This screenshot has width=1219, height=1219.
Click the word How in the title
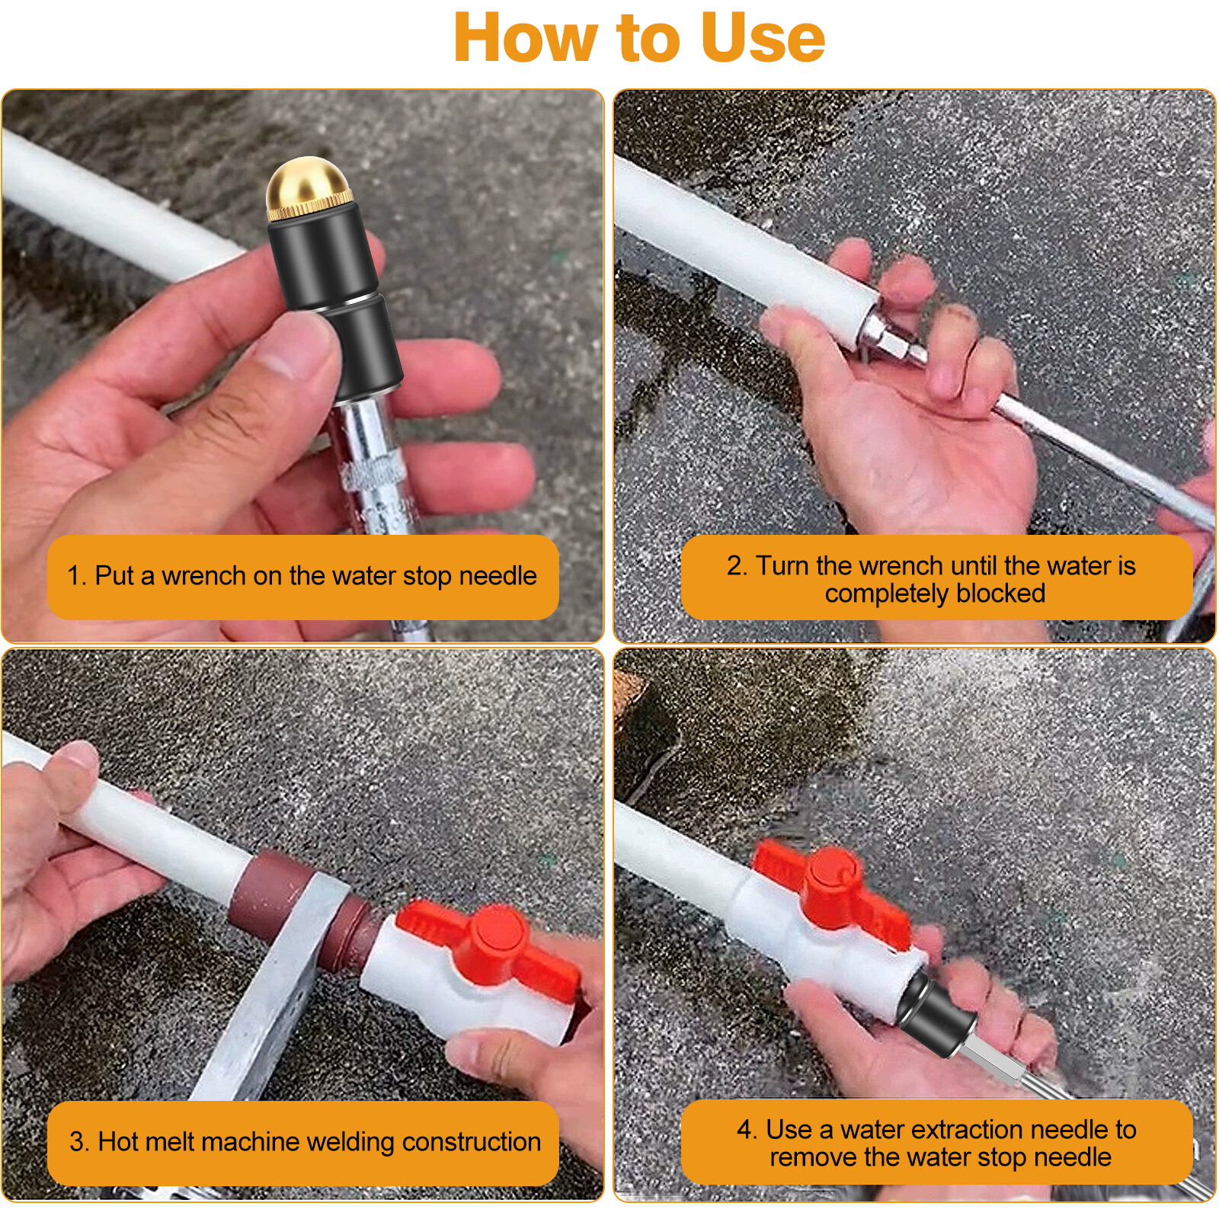(x=526, y=38)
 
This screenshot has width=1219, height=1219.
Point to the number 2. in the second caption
(x=737, y=566)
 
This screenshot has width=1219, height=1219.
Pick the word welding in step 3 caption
(x=350, y=1142)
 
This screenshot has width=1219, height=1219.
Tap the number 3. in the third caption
(x=79, y=1142)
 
